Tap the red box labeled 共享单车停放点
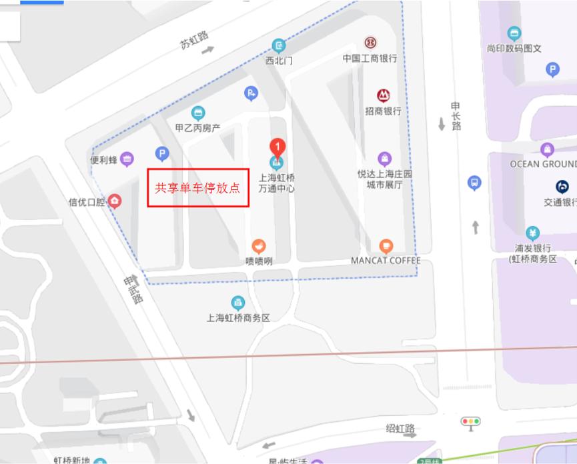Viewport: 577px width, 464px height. [198, 187]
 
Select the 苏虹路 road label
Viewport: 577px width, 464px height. [194, 40]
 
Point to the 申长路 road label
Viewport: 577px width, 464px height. [456, 116]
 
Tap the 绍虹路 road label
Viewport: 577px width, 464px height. [400, 429]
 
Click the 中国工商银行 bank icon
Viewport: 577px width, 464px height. [370, 43]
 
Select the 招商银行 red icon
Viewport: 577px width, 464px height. [383, 95]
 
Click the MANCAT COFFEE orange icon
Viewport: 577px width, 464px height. [386, 247]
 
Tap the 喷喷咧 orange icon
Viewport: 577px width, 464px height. [259, 246]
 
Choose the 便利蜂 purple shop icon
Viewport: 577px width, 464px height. [127, 159]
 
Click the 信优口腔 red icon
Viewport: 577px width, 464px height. [115, 201]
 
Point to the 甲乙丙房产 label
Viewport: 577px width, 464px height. [197, 127]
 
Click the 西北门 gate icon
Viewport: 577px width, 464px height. [279, 45]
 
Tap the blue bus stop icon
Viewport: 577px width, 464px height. [474, 183]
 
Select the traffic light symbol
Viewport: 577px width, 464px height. [471, 421]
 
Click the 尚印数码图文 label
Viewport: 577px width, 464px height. [514, 49]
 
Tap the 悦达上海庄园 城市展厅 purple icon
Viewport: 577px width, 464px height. [385, 159]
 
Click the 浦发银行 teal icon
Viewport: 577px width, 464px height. [532, 233]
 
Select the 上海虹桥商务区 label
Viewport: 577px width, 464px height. [238, 318]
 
